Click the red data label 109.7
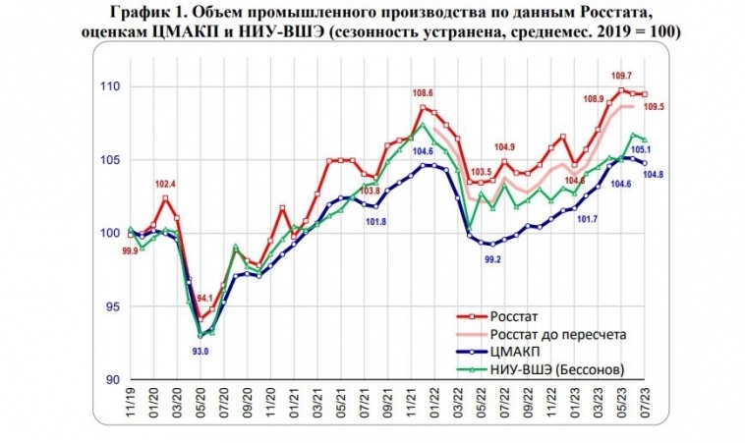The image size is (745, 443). tap(621, 76)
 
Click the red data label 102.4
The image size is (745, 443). tap(164, 184)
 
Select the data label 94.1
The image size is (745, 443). tap(203, 301)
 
